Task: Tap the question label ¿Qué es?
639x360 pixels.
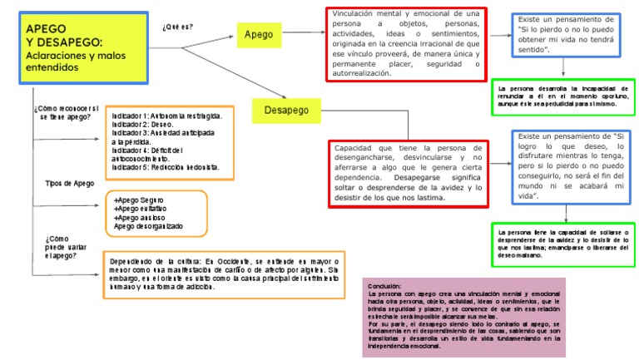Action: (x=177, y=27)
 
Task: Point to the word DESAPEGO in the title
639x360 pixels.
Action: (x=72, y=42)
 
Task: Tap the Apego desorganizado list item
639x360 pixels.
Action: (x=148, y=226)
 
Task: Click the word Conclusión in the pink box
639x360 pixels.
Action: (x=384, y=284)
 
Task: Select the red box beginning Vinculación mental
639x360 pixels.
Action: (x=406, y=43)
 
